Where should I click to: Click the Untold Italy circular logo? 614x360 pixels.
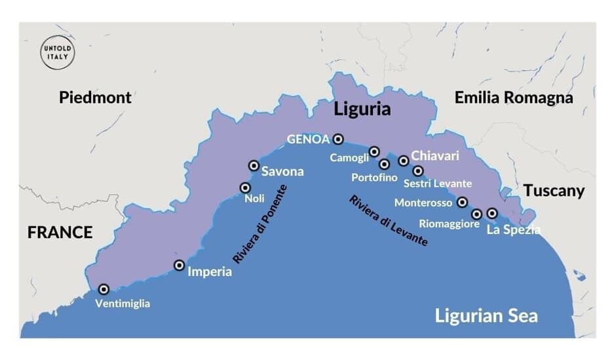pyautogui.click(x=56, y=54)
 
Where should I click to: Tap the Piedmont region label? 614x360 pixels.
pyautogui.click(x=95, y=98)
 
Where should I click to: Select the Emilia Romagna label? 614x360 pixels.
pyautogui.click(x=513, y=98)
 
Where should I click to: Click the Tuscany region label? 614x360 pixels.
pyautogui.click(x=553, y=191)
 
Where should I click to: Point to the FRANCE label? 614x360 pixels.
pyautogui.click(x=60, y=232)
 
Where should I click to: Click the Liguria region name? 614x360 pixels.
pyautogui.click(x=362, y=109)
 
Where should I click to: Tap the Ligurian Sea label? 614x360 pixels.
pyautogui.click(x=486, y=316)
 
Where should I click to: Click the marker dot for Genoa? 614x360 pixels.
pyautogui.click(x=338, y=138)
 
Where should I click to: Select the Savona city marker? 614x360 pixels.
pyautogui.click(x=254, y=166)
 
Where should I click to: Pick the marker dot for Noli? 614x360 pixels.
pyautogui.click(x=245, y=188)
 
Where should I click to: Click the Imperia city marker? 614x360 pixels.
pyautogui.click(x=179, y=266)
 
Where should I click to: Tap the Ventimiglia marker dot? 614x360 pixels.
pyautogui.click(x=104, y=289)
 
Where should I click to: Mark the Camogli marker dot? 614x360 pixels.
pyautogui.click(x=374, y=151)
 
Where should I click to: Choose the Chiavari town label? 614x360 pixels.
pyautogui.click(x=434, y=157)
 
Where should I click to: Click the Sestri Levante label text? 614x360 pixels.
pyautogui.click(x=437, y=183)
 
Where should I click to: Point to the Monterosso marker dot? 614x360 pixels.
pyautogui.click(x=462, y=202)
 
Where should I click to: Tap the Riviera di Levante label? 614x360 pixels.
pyautogui.click(x=388, y=220)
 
